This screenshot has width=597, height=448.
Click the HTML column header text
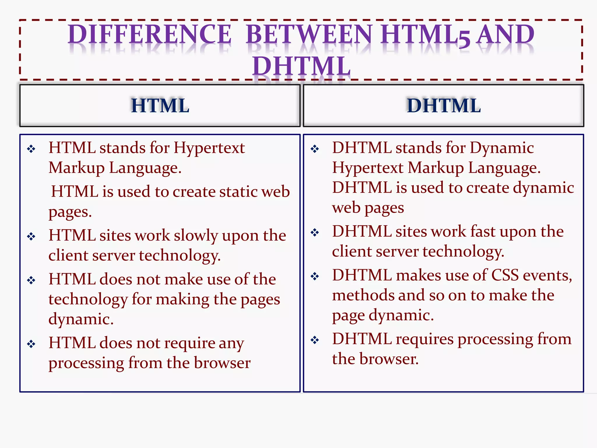click(160, 105)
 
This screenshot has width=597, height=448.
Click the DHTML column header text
click(444, 105)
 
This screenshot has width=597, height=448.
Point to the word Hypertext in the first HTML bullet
click(209, 148)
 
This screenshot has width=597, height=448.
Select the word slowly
click(196, 236)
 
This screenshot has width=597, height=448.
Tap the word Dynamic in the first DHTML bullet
click(501, 148)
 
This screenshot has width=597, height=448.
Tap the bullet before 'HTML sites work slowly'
click(31, 236)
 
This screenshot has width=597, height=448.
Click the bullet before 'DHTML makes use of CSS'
click(315, 276)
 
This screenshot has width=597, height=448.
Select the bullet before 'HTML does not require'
click(31, 344)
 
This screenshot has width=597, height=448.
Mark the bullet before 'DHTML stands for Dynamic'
click(315, 149)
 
